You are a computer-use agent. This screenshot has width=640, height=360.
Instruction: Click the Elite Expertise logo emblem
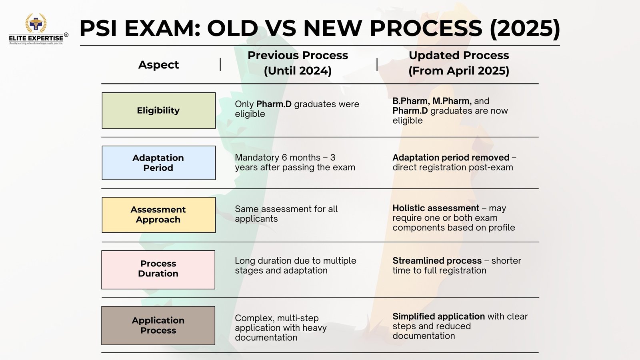pyautogui.click(x=36, y=23)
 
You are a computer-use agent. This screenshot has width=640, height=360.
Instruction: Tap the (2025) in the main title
pyautogui.click(x=525, y=28)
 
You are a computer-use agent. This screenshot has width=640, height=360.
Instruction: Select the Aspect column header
pyautogui.click(x=158, y=65)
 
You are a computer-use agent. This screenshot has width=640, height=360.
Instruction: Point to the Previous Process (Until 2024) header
pyautogui.click(x=298, y=63)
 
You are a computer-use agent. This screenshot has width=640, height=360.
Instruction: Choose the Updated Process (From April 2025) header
pyautogui.click(x=459, y=63)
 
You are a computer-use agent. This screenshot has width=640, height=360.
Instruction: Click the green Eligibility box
pyautogui.click(x=158, y=110)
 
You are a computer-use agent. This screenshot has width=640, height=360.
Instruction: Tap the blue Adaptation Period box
pyautogui.click(x=158, y=163)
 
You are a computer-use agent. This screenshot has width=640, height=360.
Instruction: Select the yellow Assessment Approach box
pyautogui.click(x=158, y=215)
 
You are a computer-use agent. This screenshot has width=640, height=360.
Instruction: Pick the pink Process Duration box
pyautogui.click(x=158, y=270)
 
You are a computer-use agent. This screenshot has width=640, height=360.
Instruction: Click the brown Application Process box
pyautogui.click(x=158, y=326)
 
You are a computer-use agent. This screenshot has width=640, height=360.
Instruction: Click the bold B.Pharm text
pyautogui.click(x=411, y=101)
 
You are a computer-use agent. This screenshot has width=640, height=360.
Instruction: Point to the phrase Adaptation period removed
pyautogui.click(x=451, y=158)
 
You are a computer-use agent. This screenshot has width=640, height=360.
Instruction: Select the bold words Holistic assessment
pyautogui.click(x=436, y=208)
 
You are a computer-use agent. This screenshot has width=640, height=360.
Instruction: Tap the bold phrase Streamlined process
pyautogui.click(x=437, y=260)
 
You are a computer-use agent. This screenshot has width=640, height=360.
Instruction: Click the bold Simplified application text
pyautogui.click(x=438, y=316)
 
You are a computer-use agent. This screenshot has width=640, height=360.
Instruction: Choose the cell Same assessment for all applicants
pyautogui.click(x=286, y=214)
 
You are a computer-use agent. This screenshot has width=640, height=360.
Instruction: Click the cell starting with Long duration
pyautogui.click(x=296, y=266)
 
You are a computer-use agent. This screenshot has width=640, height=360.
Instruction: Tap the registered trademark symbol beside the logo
pyautogui.click(x=66, y=35)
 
